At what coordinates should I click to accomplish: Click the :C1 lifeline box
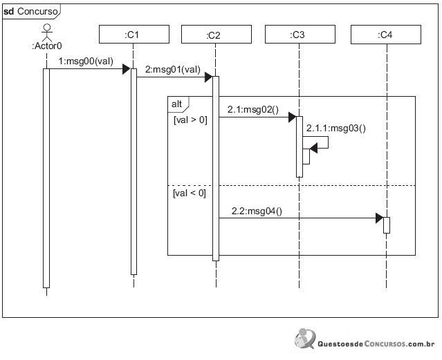[134, 34]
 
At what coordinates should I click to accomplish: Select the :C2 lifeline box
[217, 34]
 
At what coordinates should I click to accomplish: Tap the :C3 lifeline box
[300, 34]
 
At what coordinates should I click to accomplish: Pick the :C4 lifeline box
[385, 35]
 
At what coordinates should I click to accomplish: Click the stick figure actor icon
[47, 32]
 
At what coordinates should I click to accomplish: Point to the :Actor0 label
[47, 46]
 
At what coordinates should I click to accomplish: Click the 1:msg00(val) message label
[86, 61]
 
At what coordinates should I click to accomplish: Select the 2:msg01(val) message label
[173, 69]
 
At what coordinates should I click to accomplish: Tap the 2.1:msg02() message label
[253, 110]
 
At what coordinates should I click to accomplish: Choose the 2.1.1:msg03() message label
[336, 129]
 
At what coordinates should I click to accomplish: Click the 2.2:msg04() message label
[257, 211]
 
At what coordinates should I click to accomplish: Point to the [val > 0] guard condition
[190, 120]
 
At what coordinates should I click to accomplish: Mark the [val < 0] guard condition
[189, 193]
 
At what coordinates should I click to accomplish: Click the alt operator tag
[177, 104]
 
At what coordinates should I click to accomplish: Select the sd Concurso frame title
[30, 12]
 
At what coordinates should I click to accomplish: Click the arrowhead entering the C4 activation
[380, 218]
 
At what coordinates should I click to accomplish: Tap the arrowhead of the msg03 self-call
[313, 148]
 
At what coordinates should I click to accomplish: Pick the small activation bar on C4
[387, 225]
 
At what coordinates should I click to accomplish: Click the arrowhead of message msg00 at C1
[127, 69]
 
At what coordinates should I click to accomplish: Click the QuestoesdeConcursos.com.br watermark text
[376, 343]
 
